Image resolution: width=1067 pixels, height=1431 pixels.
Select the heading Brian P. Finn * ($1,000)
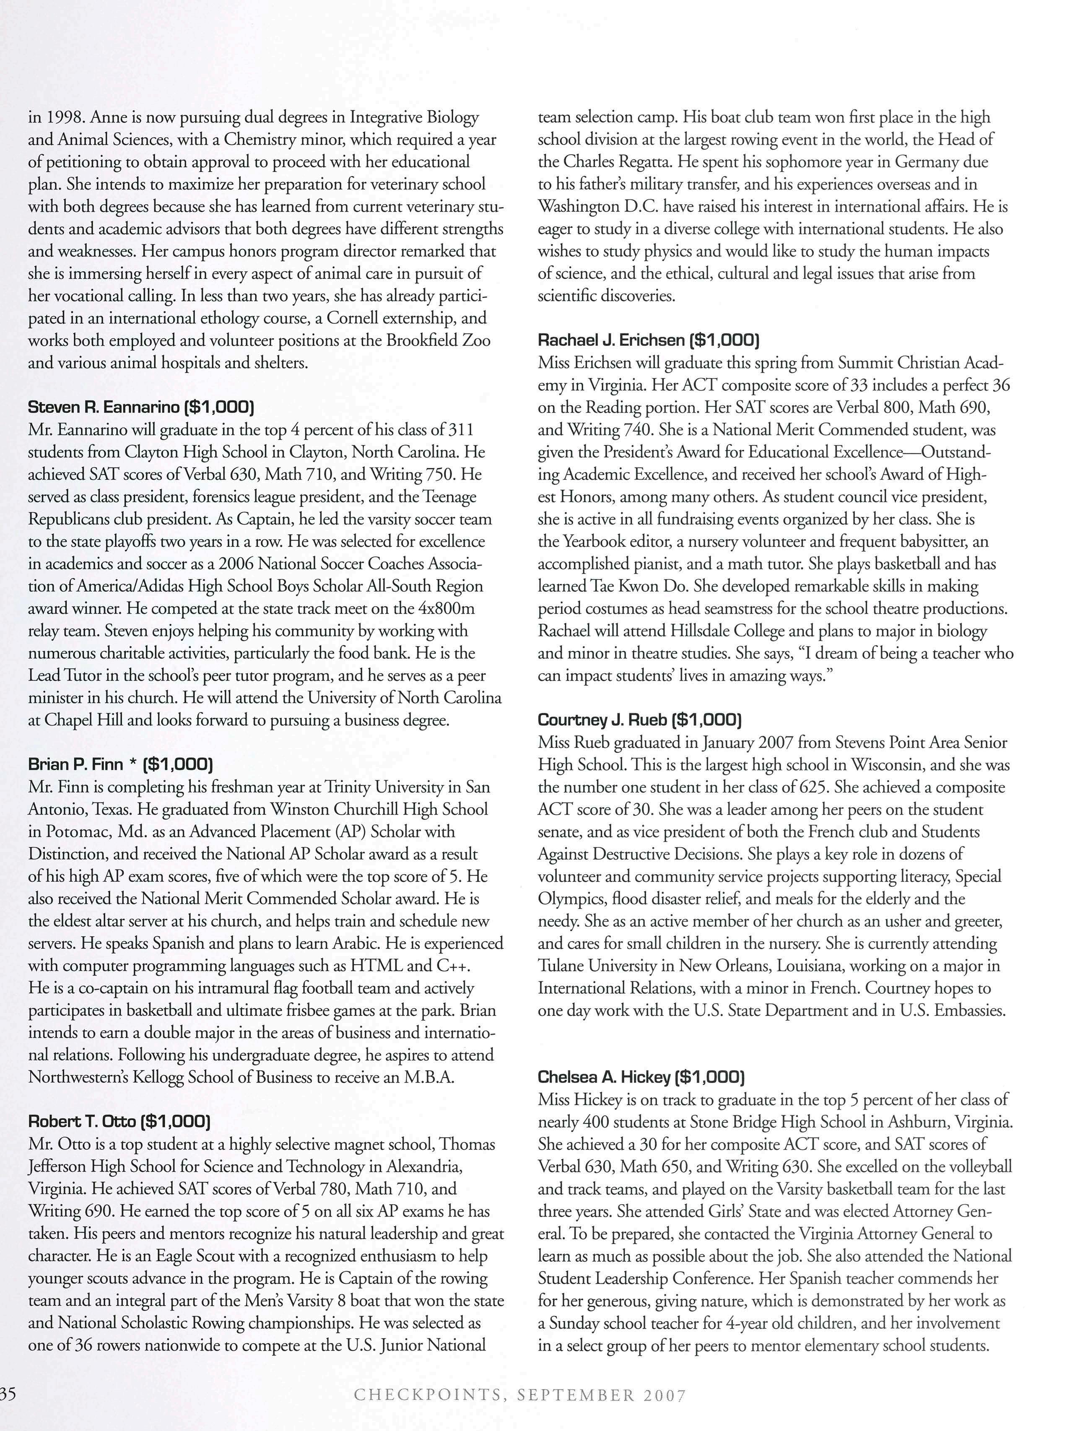(120, 765)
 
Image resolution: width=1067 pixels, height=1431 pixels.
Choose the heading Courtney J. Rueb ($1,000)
(639, 719)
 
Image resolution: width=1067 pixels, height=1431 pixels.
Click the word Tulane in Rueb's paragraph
(561, 966)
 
